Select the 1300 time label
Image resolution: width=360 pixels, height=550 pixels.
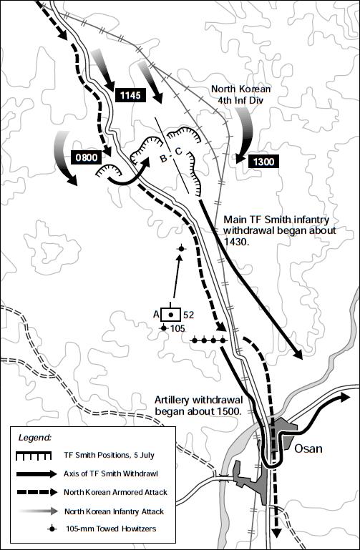coord(263,162)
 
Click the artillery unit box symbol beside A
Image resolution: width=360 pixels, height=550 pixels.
coord(170,313)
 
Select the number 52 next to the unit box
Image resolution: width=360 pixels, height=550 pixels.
coord(188,313)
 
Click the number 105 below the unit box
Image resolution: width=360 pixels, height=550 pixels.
coord(177,328)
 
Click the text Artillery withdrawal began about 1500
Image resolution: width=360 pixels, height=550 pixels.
coord(201,405)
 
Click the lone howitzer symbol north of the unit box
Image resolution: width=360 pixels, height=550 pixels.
coord(181,249)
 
